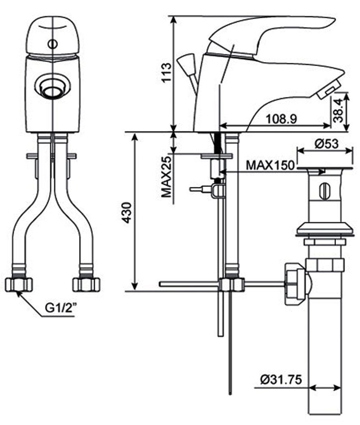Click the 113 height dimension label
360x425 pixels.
point(166,75)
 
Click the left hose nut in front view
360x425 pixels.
point(19,284)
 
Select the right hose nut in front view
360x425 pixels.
point(86,284)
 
